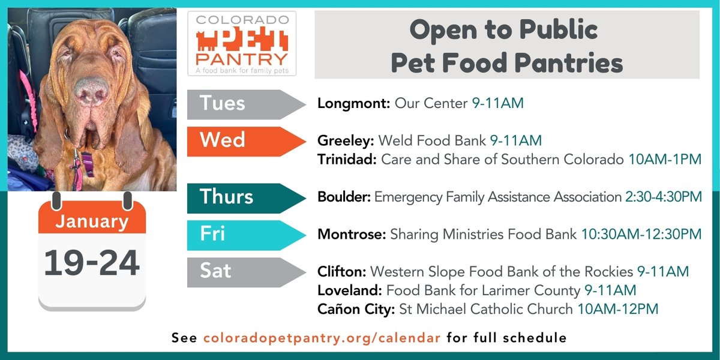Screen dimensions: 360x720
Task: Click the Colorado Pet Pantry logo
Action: pos(241,44)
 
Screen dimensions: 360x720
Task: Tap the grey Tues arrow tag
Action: pos(240,104)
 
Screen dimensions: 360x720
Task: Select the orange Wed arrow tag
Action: pos(240,141)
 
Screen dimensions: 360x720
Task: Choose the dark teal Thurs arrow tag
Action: pos(240,198)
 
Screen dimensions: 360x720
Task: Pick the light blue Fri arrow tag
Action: pos(240,235)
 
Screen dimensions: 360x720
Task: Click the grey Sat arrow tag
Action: pos(240,272)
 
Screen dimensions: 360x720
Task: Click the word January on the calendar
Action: pos(92,221)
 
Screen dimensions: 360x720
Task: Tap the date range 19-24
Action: pos(92,262)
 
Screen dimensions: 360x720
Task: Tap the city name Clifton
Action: pos(341,272)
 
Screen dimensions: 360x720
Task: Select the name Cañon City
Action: pos(355,309)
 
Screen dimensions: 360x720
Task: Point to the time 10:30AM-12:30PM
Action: pos(641,235)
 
